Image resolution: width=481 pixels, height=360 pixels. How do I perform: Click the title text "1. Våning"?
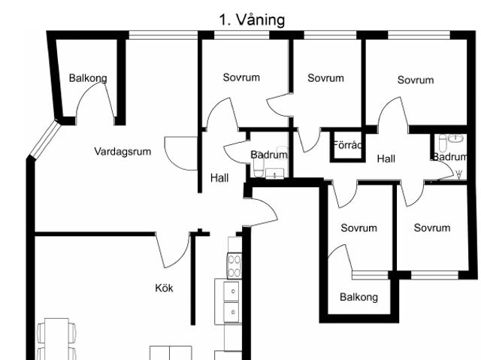coord(252,20)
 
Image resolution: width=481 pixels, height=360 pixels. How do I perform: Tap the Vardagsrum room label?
coord(123,152)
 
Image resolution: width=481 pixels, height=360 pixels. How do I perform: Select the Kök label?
coord(164,288)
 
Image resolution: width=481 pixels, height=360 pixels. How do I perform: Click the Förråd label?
coord(347,145)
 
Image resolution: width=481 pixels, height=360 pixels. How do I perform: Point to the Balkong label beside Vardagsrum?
coord(88,78)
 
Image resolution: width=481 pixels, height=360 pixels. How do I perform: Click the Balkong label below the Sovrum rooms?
coord(358,298)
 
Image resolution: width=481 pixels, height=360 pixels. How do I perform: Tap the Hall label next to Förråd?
coord(386,159)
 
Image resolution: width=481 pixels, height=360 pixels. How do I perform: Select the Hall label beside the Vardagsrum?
coord(219,178)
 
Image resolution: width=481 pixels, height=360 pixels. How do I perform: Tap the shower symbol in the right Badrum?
coord(458,174)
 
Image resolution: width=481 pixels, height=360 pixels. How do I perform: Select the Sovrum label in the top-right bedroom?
coord(416,80)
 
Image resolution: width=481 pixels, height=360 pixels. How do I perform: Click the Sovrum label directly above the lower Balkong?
coord(358,228)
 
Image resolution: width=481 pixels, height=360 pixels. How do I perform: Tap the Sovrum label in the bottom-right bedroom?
coord(431,228)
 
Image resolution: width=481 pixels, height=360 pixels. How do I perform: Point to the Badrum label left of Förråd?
coord(269,155)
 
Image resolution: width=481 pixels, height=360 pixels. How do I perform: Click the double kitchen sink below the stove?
coord(232,301)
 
